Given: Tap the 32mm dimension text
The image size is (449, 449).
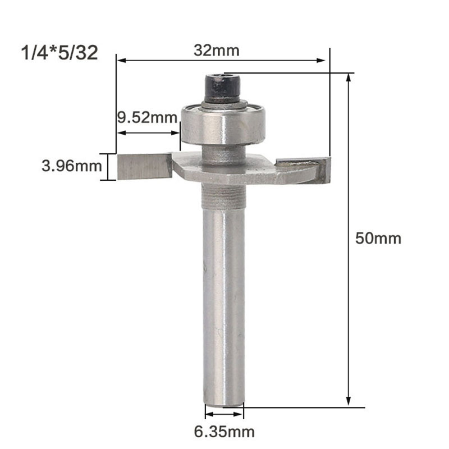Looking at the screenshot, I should click(217, 50).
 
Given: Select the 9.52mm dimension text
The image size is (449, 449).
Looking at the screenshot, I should click(146, 118).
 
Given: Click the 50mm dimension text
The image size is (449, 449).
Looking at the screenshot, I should click(378, 238).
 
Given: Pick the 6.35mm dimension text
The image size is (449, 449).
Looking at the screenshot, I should click(225, 432).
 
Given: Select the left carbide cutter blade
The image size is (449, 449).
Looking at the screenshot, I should click(142, 167).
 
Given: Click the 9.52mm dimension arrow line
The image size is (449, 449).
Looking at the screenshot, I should click(148, 133).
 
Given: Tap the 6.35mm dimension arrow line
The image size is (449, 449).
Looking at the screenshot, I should click(224, 415).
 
